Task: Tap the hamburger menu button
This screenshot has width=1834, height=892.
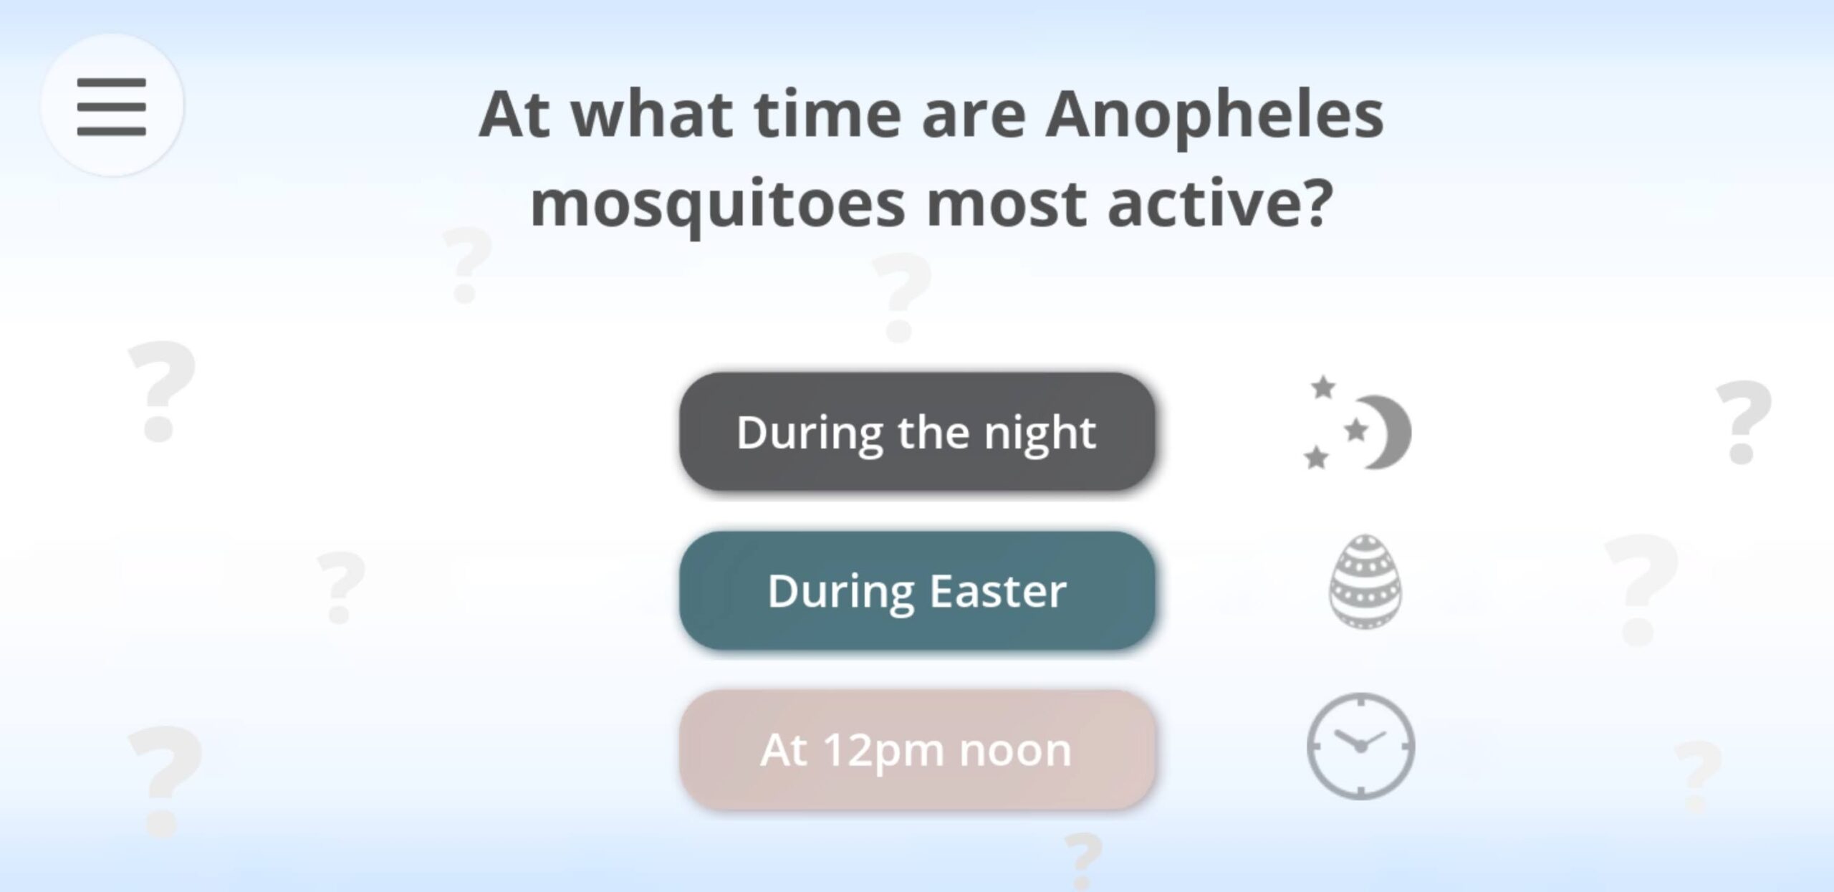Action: pyautogui.click(x=112, y=106)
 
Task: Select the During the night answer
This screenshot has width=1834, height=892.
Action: pyautogui.click(x=917, y=431)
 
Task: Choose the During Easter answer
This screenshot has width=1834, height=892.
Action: pyautogui.click(x=917, y=590)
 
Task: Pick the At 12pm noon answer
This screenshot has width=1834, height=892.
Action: pyautogui.click(x=917, y=749)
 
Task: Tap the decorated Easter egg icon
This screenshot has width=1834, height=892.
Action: pyautogui.click(x=1365, y=581)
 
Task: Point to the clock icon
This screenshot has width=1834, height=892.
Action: pyautogui.click(x=1360, y=746)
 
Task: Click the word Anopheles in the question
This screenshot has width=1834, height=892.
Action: pyautogui.click(x=1214, y=115)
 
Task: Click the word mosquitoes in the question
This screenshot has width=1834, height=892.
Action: pyautogui.click(x=718, y=206)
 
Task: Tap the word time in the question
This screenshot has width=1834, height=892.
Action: pyautogui.click(x=827, y=115)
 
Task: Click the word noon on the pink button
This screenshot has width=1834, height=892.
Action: pyautogui.click(x=1015, y=752)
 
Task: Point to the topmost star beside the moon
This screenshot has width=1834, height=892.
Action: pyautogui.click(x=1323, y=387)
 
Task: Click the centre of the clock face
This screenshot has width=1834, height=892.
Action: pyautogui.click(x=1360, y=747)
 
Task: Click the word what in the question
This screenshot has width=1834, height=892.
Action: pyautogui.click(x=652, y=115)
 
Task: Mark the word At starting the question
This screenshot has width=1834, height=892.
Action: pyautogui.click(x=514, y=115)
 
